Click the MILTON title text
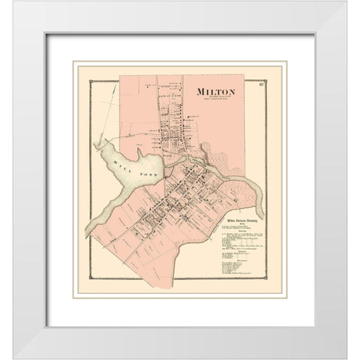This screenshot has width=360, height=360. [213, 92]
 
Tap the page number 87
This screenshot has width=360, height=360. [259, 92]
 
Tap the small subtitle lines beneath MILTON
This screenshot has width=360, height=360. [213, 100]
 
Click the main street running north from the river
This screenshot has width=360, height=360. [162, 120]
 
